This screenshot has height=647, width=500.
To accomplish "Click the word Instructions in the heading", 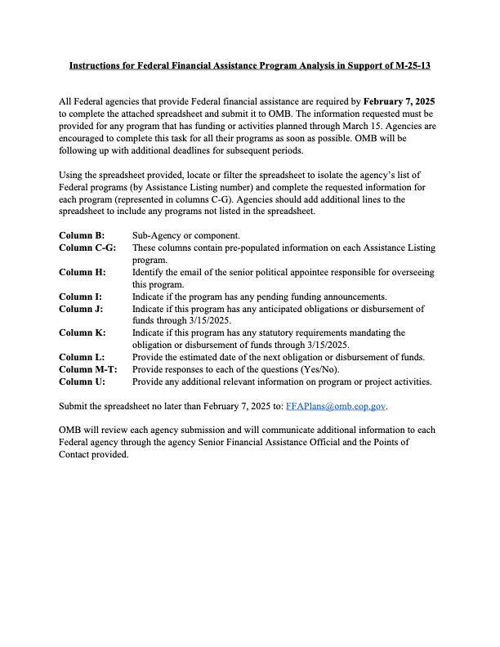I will coord(98,63).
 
